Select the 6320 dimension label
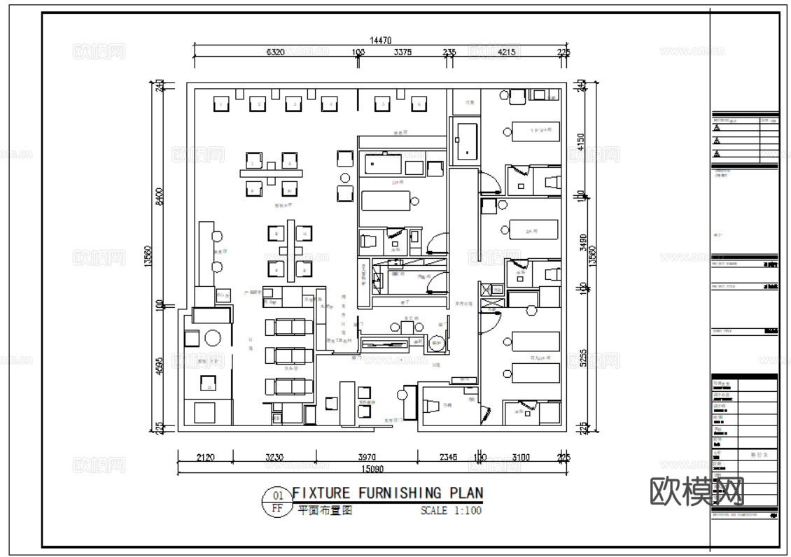pyautogui.click(x=275, y=52)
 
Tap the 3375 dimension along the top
pyautogui.click(x=402, y=52)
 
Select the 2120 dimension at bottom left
pyautogui.click(x=204, y=457)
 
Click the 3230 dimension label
pyautogui.click(x=274, y=457)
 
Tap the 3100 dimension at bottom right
pyautogui.click(x=520, y=457)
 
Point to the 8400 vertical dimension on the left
pyautogui.click(x=160, y=197)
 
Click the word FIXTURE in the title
pyautogui.click(x=321, y=493)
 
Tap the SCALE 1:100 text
pyautogui.click(x=451, y=511)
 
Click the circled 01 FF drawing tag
pyautogui.click(x=276, y=502)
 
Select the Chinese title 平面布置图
pyautogui.click(x=325, y=511)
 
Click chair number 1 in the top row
pyautogui.click(x=222, y=104)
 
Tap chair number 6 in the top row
pyautogui.click(x=418, y=104)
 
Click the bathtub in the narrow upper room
pyautogui.click(x=465, y=141)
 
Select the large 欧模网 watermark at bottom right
pyautogui.click(x=696, y=492)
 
